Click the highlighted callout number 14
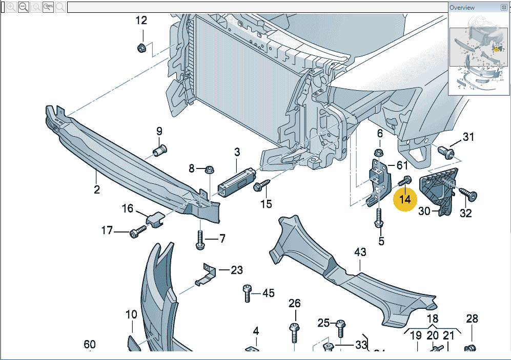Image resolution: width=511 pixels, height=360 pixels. pos(405,199)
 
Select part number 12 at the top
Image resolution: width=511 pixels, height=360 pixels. pos(141,20)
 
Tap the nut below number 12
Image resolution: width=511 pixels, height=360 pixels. pos(142,48)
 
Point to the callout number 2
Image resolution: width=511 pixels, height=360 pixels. pos(96,190)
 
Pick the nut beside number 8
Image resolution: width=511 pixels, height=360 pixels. pos(209,169)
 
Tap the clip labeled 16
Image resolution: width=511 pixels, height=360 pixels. pos(155,220)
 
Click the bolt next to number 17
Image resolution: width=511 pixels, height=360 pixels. pos(137,233)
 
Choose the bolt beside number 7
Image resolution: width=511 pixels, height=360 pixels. pos(200,240)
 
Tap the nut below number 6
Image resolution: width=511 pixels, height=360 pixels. pos(379,152)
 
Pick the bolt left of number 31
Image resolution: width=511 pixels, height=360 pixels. pos(446,151)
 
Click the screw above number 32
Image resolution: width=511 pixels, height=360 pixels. pos(468,194)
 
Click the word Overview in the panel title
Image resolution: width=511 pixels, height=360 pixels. pos(462,8)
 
